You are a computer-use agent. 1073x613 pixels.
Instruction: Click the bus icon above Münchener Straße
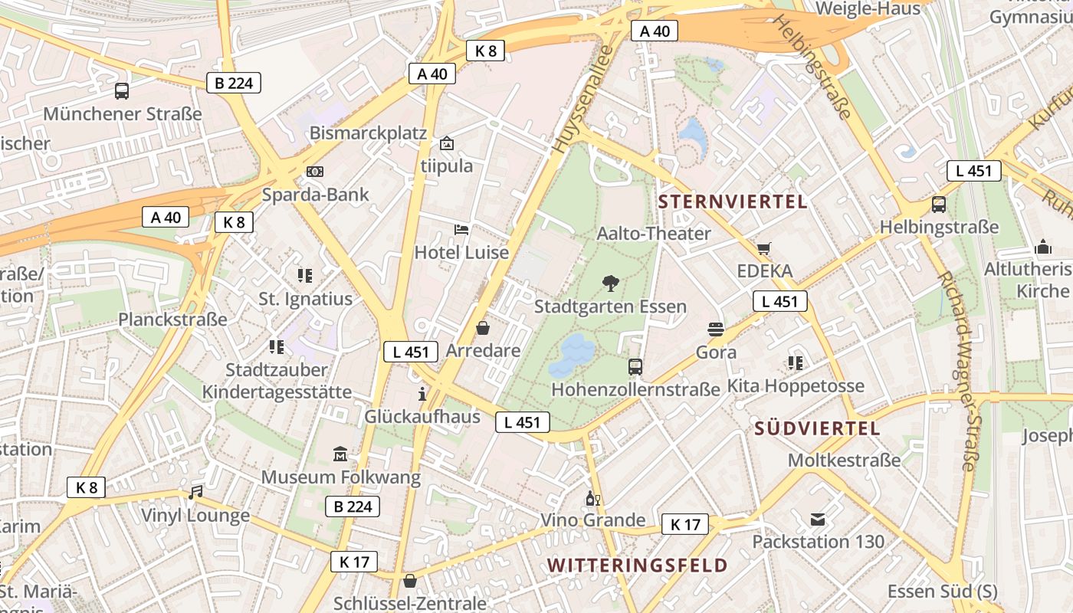122,91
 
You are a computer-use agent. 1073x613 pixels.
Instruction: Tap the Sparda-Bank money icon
315,172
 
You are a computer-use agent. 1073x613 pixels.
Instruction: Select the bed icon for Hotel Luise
461,229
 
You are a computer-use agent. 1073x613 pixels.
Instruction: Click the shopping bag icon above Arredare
483,328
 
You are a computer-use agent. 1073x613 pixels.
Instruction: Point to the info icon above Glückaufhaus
422,394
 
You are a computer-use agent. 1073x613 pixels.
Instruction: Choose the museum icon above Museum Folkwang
340,454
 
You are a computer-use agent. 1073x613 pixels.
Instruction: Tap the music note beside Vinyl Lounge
195,492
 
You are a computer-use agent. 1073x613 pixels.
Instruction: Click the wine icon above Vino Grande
592,498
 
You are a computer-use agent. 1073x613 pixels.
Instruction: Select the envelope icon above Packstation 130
818,520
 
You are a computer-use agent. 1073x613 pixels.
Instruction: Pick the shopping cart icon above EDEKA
763,248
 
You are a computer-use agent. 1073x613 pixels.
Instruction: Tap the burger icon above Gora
716,329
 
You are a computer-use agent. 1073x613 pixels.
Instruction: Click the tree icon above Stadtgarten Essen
610,284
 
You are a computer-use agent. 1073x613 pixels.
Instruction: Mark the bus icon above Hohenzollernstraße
635,366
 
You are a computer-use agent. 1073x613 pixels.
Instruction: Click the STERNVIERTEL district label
733,202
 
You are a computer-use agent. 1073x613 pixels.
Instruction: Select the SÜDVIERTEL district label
817,428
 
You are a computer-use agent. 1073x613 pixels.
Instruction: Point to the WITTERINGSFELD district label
637,565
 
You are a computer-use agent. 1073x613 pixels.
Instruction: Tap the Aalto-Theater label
654,233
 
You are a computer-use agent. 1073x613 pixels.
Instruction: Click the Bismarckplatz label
368,133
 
